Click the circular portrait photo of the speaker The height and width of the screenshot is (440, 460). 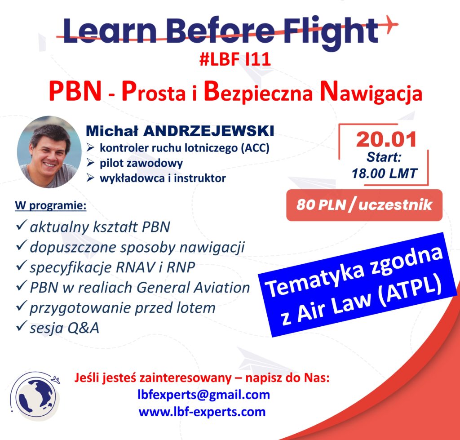pyautogui.click(x=49, y=152)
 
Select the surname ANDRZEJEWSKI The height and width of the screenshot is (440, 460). pyautogui.click(x=208, y=131)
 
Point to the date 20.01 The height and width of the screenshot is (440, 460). pyautogui.click(x=386, y=139)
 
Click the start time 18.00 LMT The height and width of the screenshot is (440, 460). pyautogui.click(x=385, y=173)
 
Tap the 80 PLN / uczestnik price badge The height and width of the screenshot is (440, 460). pyautogui.click(x=364, y=205)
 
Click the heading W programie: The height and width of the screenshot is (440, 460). pyautogui.click(x=51, y=205)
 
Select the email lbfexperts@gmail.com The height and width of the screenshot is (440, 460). pyautogui.click(x=203, y=395)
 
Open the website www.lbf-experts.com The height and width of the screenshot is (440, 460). pyautogui.click(x=202, y=412)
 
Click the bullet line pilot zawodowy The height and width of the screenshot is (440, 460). pyautogui.click(x=141, y=163)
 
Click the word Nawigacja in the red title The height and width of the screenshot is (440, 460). pyautogui.click(x=371, y=92)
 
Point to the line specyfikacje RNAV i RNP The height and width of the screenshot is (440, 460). pyautogui.click(x=112, y=267)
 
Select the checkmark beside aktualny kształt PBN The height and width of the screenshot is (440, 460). pyautogui.click(x=21, y=225)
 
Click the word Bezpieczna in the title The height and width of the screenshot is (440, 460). pyautogui.click(x=258, y=92)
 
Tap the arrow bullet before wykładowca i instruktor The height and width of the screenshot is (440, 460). pyautogui.click(x=90, y=178)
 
